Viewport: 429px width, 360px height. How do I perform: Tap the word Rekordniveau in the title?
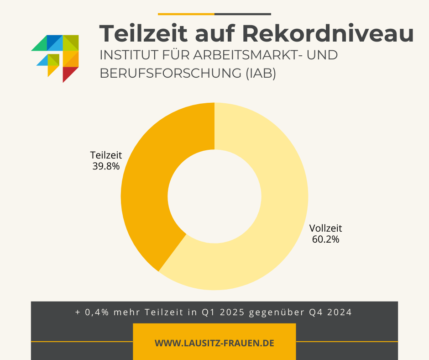(x=328, y=33)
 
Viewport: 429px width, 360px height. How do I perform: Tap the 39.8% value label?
(x=106, y=166)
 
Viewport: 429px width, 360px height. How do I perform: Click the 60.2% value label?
(x=325, y=239)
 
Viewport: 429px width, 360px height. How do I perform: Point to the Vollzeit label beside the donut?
(x=325, y=228)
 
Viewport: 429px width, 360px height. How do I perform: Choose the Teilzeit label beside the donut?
(x=106, y=156)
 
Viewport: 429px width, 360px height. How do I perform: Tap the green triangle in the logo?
(x=40, y=45)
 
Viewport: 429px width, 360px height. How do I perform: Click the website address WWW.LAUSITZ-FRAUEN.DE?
(x=214, y=343)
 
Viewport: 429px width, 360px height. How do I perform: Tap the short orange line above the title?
(x=186, y=14)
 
